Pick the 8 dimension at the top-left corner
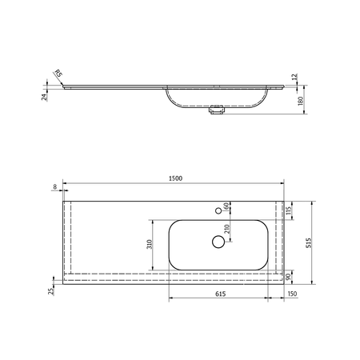(54, 187)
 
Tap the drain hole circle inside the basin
(218, 241)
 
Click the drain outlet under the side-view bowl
(214, 112)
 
